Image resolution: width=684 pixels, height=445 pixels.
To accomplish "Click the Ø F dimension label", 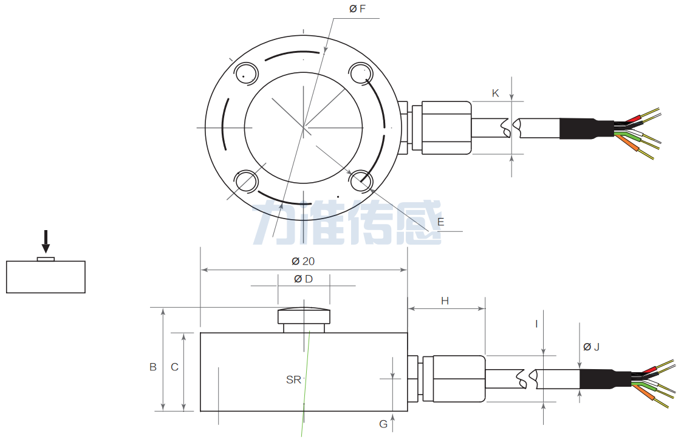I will pyautogui.click(x=357, y=8).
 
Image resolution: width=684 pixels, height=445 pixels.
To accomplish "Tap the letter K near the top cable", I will pyautogui.click(x=495, y=93).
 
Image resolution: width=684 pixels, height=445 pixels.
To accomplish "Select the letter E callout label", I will pyautogui.click(x=440, y=222).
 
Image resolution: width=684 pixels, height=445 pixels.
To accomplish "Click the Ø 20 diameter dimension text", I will pyautogui.click(x=303, y=261).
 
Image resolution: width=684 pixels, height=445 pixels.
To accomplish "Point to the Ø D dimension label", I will pyautogui.click(x=303, y=279).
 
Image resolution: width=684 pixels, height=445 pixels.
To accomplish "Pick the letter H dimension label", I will pyautogui.click(x=445, y=301).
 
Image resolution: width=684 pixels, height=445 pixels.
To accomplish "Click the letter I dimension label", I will pyautogui.click(x=536, y=324).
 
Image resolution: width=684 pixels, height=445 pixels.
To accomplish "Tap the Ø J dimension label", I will pyautogui.click(x=591, y=347).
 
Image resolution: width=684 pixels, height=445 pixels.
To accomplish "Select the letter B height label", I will pyautogui.click(x=153, y=367).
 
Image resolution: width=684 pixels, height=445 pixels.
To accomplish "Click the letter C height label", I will pyautogui.click(x=174, y=367).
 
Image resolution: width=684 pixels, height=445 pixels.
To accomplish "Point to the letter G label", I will pyautogui.click(x=383, y=424).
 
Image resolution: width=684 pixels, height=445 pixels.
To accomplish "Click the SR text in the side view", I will pyautogui.click(x=293, y=380).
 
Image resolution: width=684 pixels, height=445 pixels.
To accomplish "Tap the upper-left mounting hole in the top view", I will pyautogui.click(x=247, y=73).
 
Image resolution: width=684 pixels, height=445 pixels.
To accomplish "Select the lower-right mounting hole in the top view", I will pyautogui.click(x=361, y=180).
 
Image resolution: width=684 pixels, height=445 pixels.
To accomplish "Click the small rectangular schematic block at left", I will pyautogui.click(x=46, y=277).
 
